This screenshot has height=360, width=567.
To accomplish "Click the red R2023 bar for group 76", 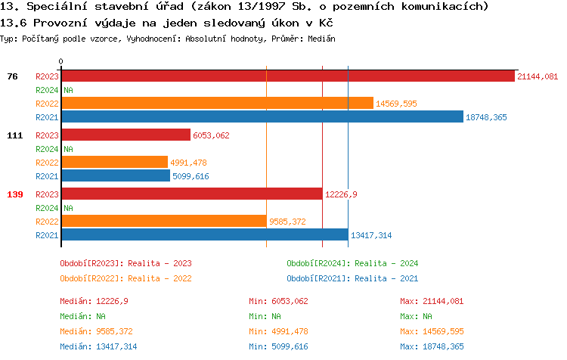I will pyautogui.click(x=287, y=76).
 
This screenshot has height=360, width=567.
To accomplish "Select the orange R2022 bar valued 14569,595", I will pyautogui.click(x=217, y=104).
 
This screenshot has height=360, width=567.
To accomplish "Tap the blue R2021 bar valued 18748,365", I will pyautogui.click(x=262, y=116).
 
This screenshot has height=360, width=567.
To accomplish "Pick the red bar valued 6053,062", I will pyautogui.click(x=125, y=135).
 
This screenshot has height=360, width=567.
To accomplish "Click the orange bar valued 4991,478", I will pyautogui.click(x=114, y=162).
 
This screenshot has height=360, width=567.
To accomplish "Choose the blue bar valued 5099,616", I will pyautogui.click(x=116, y=175).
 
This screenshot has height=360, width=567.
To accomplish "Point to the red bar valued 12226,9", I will pyautogui.click(x=191, y=194).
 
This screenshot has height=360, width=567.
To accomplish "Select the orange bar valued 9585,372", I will pyautogui.click(x=163, y=221).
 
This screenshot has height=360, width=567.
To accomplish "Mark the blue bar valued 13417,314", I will pyautogui.click(x=204, y=234).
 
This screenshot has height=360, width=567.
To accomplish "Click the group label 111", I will pyautogui.click(x=14, y=135).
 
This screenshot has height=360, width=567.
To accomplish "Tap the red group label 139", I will pyautogui.click(x=14, y=194).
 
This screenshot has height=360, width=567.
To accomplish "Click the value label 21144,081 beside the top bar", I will pyautogui.click(x=538, y=76).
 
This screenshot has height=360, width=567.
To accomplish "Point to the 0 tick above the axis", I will pyautogui.click(x=61, y=61).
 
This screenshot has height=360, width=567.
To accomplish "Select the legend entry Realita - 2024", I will pyautogui.click(x=352, y=263).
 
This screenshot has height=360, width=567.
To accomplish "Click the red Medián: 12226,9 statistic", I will pyautogui.click(x=94, y=301).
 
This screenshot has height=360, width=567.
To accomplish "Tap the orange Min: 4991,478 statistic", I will pyautogui.click(x=278, y=331).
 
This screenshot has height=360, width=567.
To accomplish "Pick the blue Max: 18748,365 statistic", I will pyautogui.click(x=432, y=346).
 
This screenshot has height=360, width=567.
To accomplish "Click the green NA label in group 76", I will pyautogui.click(x=68, y=90).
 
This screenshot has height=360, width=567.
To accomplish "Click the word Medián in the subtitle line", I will pyautogui.click(x=321, y=38).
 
